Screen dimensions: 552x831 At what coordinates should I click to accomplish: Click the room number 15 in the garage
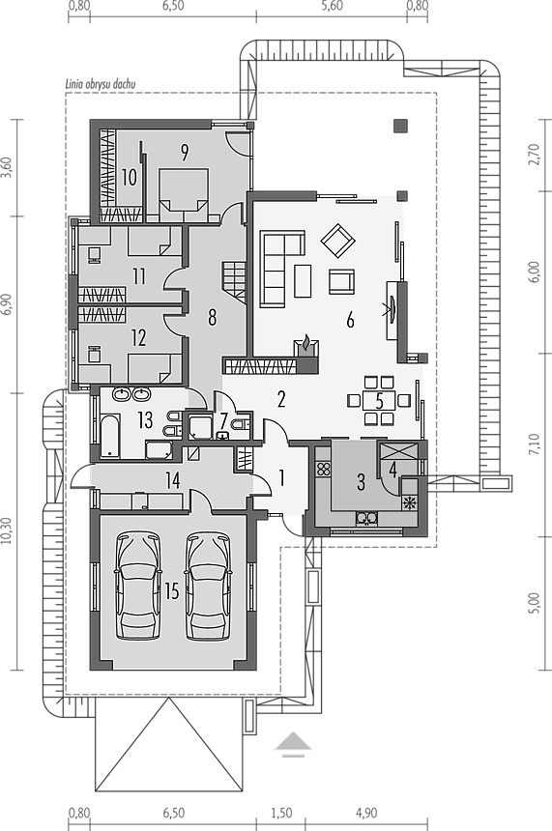(x=172, y=591)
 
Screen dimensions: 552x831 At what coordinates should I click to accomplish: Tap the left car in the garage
(x=138, y=587)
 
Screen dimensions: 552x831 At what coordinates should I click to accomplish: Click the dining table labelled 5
(x=379, y=401)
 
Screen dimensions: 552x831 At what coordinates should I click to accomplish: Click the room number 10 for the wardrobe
(x=129, y=177)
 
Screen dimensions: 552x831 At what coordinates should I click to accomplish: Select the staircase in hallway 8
(x=234, y=281)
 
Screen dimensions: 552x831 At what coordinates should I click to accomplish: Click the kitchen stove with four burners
(x=324, y=469)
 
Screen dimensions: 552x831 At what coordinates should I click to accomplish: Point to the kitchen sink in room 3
(x=366, y=518)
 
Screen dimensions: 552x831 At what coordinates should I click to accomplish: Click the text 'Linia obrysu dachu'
(x=101, y=84)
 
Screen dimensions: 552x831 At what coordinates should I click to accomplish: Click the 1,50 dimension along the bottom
(x=281, y=813)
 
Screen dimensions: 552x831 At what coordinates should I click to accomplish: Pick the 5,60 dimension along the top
(x=332, y=6)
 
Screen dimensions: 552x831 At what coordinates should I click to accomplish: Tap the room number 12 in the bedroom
(x=138, y=338)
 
